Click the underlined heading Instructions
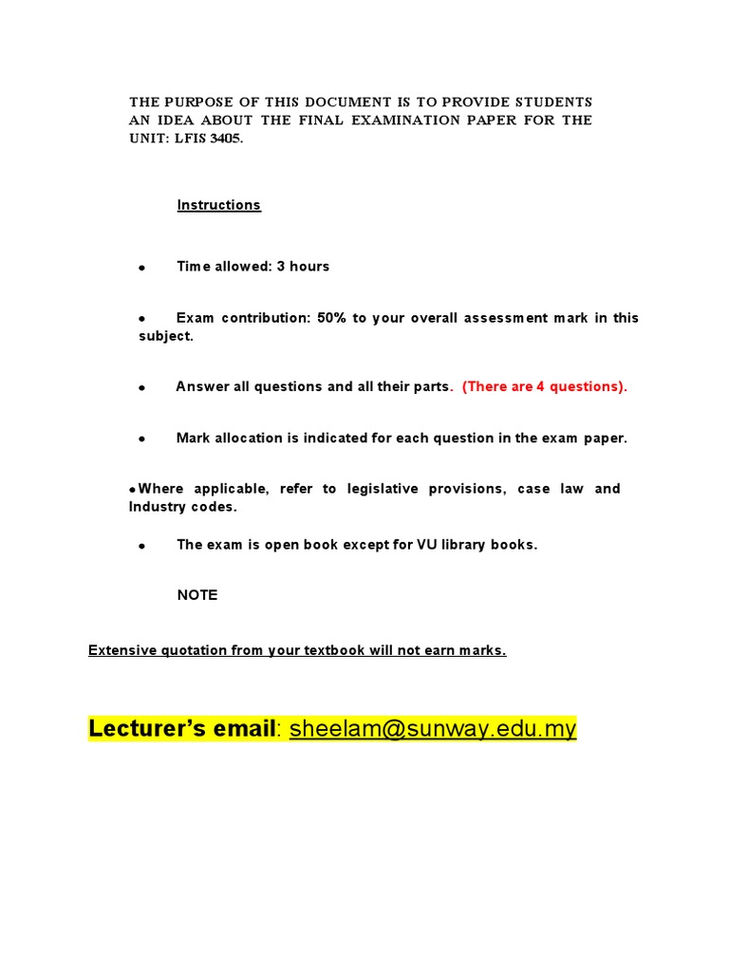click(x=218, y=205)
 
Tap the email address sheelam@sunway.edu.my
click(x=433, y=728)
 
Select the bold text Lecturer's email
click(x=181, y=728)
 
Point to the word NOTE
click(x=197, y=595)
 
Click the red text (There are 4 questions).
click(x=545, y=386)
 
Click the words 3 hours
click(x=303, y=267)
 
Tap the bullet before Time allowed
click(x=141, y=269)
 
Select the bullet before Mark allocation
click(x=141, y=439)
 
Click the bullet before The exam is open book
click(x=141, y=547)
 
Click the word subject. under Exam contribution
click(x=166, y=337)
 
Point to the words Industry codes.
click(x=183, y=507)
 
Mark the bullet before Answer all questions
click(x=141, y=388)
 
